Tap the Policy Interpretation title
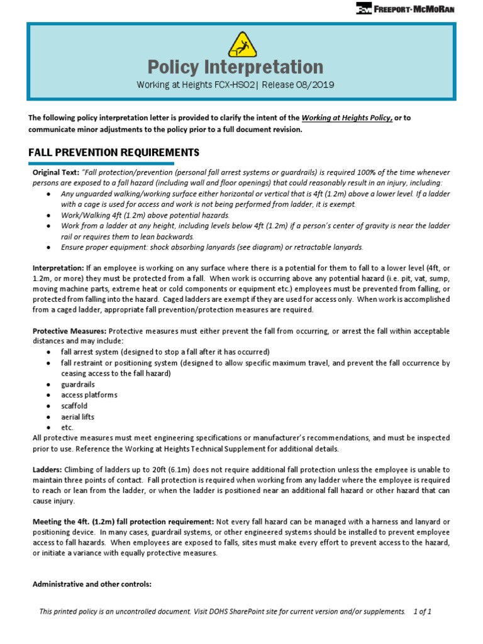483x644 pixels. [x=235, y=67]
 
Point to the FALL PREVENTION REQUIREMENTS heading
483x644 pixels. [x=114, y=152]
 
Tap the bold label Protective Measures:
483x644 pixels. [x=69, y=331]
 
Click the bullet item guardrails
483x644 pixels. [x=77, y=384]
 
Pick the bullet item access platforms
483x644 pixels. [x=89, y=395]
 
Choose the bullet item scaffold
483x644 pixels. [x=74, y=406]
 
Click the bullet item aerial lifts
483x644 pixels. [x=77, y=416]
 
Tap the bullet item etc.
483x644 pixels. [x=67, y=427]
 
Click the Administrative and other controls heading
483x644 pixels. [x=92, y=584]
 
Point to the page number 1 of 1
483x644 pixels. [x=422, y=611]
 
